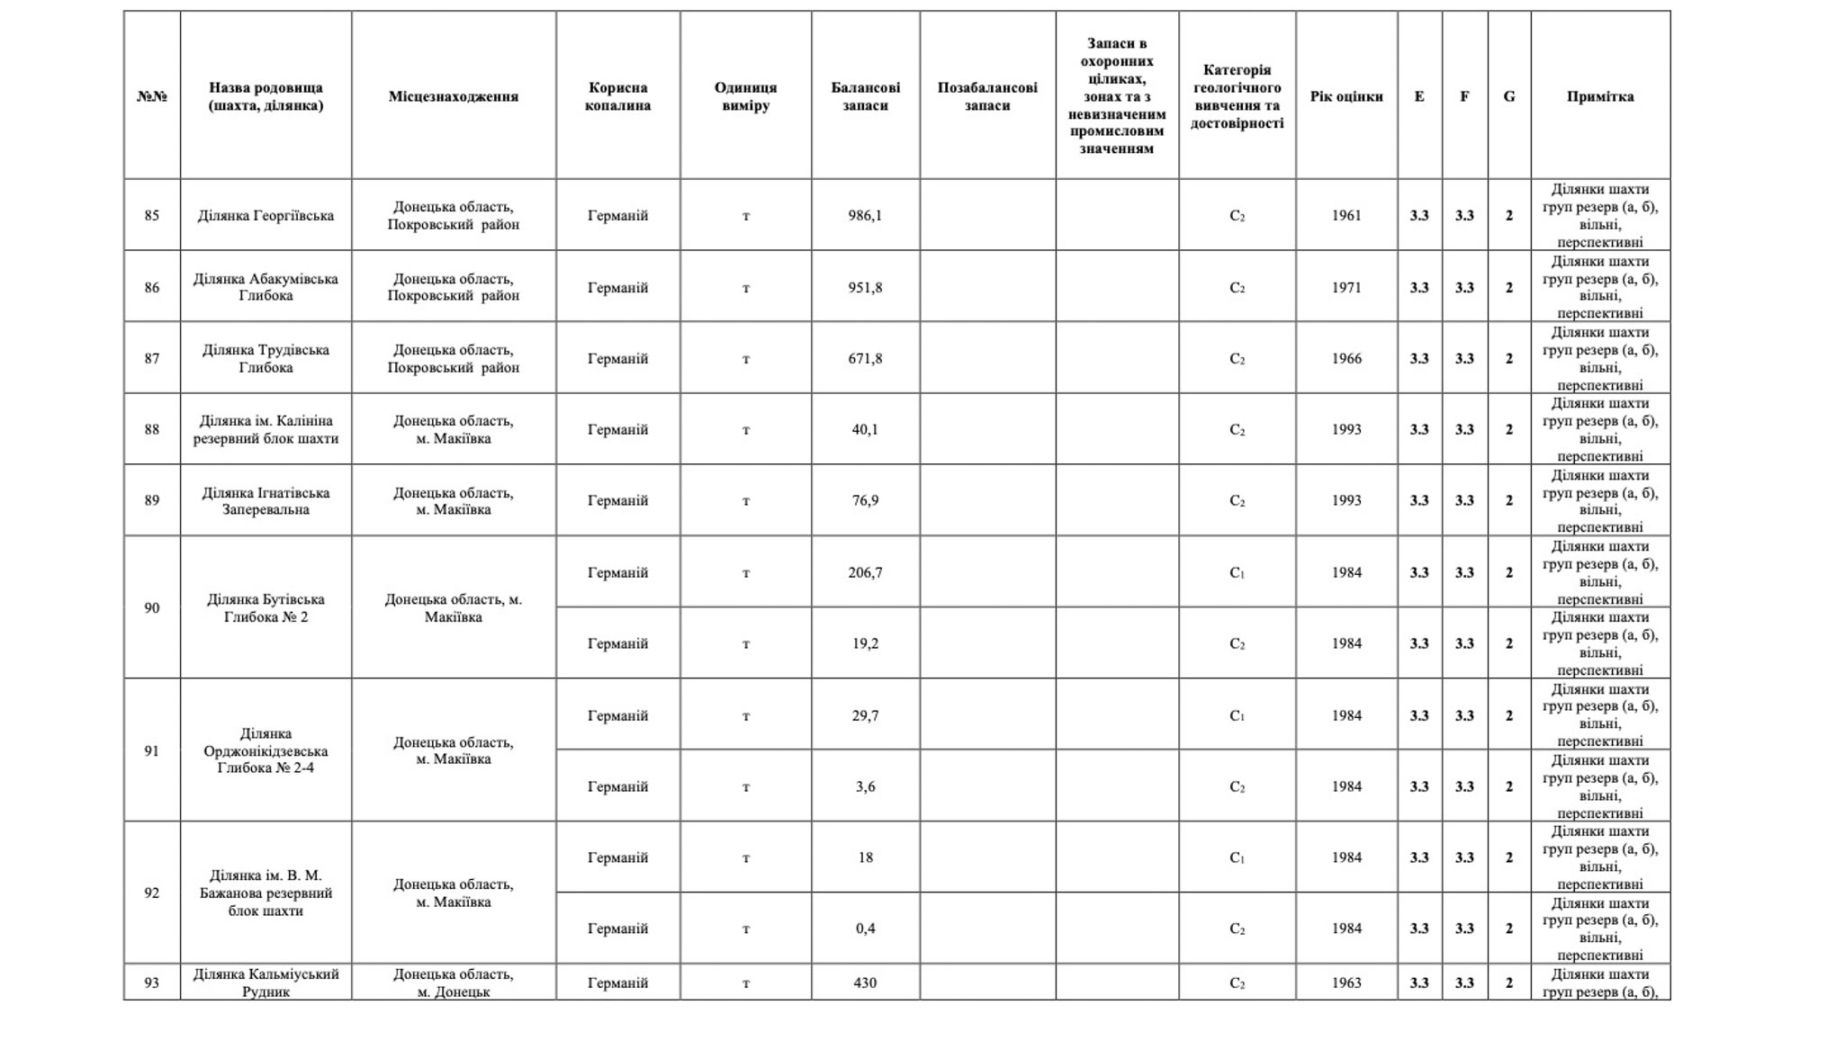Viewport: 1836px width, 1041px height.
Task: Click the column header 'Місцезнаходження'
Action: [x=453, y=96]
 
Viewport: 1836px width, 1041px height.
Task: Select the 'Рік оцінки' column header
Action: [x=1345, y=96]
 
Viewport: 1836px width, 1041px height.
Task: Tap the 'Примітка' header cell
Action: [x=1599, y=96]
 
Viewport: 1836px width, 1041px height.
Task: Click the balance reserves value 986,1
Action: [x=865, y=216]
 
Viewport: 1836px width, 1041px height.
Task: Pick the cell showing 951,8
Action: [x=865, y=288]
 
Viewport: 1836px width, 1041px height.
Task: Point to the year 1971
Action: [x=1345, y=288]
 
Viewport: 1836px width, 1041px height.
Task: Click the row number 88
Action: [x=151, y=430]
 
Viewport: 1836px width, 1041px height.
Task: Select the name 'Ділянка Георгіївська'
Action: [x=265, y=216]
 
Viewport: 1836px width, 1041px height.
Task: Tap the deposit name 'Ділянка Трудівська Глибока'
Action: [x=265, y=358]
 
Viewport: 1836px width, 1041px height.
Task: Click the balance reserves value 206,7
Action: [x=865, y=573]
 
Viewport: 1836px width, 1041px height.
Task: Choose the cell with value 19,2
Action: [x=865, y=644]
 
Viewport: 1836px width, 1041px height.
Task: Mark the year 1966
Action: [x=1345, y=358]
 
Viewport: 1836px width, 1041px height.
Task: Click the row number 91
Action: [x=151, y=751]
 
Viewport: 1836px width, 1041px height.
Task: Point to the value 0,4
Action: [x=865, y=929]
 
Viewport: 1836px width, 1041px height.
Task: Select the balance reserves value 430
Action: [x=865, y=983]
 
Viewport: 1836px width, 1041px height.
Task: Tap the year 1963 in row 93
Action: [x=1345, y=983]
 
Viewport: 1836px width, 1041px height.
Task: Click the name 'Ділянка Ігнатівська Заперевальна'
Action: [x=265, y=501]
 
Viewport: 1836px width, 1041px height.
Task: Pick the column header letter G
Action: [x=1508, y=96]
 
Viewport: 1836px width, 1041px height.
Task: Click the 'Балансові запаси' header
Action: [x=865, y=96]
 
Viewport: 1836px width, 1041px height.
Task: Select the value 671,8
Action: [x=865, y=358]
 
